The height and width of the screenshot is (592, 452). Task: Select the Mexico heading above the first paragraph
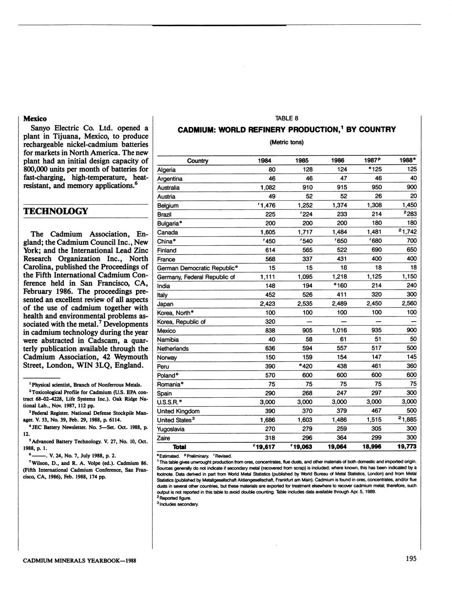(x=35, y=118)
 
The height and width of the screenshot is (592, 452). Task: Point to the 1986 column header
(x=337, y=160)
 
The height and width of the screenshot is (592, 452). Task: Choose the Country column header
(x=198, y=161)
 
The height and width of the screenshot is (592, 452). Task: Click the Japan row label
(x=166, y=304)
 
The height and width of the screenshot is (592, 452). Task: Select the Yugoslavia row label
(x=171, y=429)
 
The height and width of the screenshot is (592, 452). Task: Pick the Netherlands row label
(x=173, y=349)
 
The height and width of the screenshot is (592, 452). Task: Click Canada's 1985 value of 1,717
(x=305, y=232)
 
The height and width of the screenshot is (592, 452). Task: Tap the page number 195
(x=410, y=558)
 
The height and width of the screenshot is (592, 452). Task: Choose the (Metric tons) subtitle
(x=286, y=142)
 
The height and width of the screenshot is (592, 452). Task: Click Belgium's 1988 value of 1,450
(x=410, y=205)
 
